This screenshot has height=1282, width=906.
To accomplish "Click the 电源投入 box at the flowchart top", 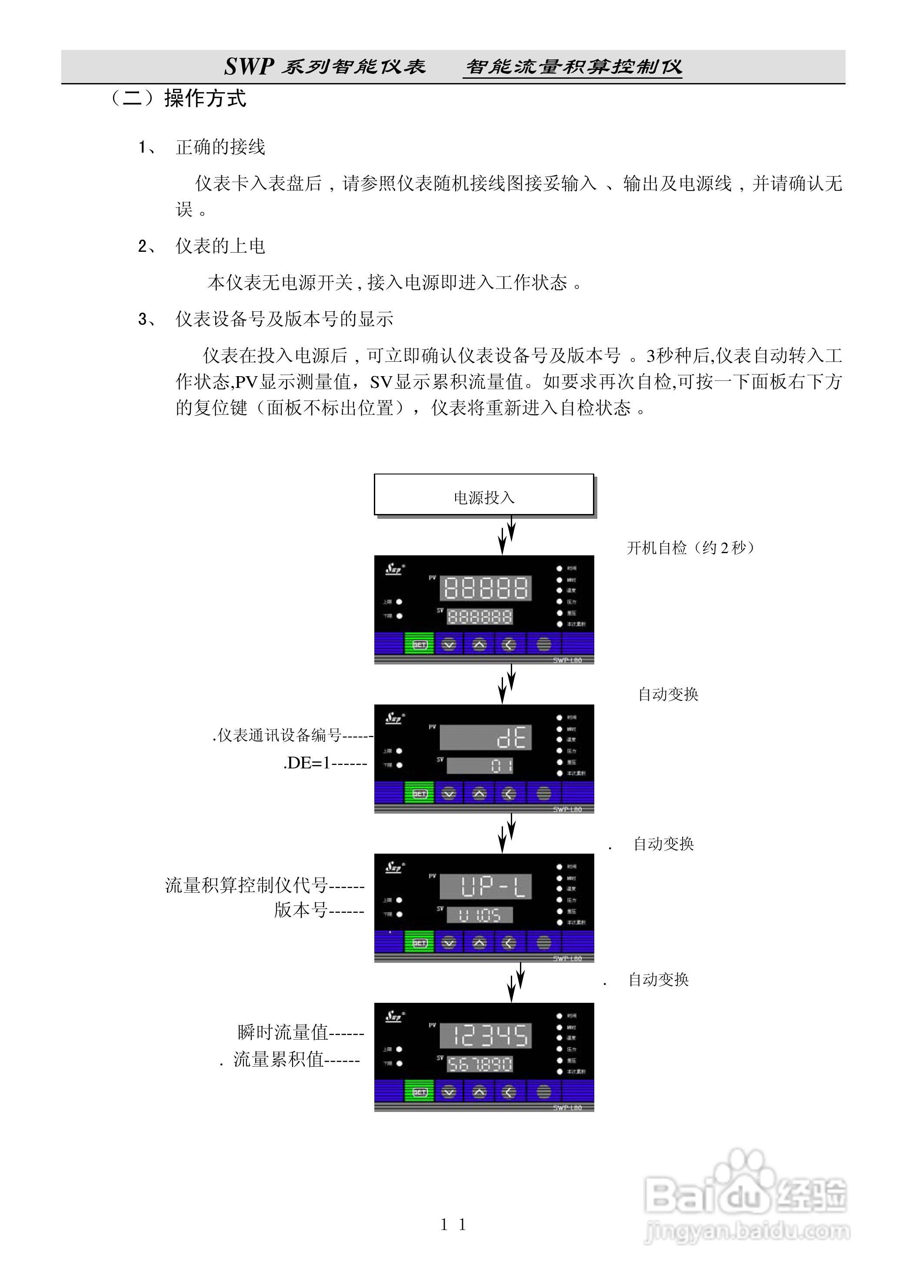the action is [x=483, y=495].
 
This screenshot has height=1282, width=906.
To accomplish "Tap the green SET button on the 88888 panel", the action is [x=419, y=644].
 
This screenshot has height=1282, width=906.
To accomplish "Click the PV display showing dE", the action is [x=485, y=737].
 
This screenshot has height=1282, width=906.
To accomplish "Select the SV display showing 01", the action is [x=480, y=765].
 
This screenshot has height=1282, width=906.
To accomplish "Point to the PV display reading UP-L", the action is [x=485, y=886].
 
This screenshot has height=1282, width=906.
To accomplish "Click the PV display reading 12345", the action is [x=485, y=1035].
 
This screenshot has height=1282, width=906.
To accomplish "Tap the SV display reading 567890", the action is [x=480, y=1064].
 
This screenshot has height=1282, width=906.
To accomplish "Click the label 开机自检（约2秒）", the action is [x=691, y=548].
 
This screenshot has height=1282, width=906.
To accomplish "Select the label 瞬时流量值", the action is [x=283, y=1032].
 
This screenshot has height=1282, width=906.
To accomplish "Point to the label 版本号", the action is [x=300, y=910].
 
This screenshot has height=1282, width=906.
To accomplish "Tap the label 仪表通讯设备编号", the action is [x=279, y=735].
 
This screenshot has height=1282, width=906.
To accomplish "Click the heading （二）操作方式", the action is [x=177, y=99].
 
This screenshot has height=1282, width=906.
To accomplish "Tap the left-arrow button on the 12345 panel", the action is [x=509, y=1092].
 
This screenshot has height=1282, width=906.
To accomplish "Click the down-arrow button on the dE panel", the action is [x=449, y=794].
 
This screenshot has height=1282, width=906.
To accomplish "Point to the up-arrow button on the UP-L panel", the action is [x=479, y=943].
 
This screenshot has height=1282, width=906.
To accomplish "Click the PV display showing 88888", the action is [x=485, y=588].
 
